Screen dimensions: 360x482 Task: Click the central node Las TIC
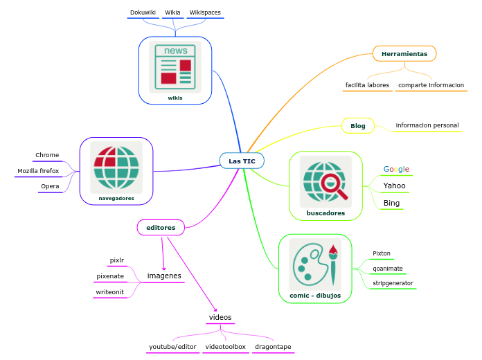242,161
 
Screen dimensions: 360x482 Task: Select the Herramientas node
404,53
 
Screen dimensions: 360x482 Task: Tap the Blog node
358,125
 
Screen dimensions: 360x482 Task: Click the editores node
161,227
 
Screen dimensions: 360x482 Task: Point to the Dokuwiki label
143,12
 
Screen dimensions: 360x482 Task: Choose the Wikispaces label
205,12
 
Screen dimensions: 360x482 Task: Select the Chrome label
47,155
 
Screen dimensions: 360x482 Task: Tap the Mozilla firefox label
38,170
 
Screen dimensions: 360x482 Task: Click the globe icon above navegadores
116,168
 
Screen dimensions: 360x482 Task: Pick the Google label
396,169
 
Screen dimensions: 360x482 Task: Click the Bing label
391,203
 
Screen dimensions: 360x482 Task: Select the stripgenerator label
393,283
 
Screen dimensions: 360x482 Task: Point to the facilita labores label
367,85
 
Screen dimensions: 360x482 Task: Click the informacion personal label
427,125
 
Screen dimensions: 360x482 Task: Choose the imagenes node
164,276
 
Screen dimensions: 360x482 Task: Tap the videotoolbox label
226,346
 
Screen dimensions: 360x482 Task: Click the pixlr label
117,260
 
